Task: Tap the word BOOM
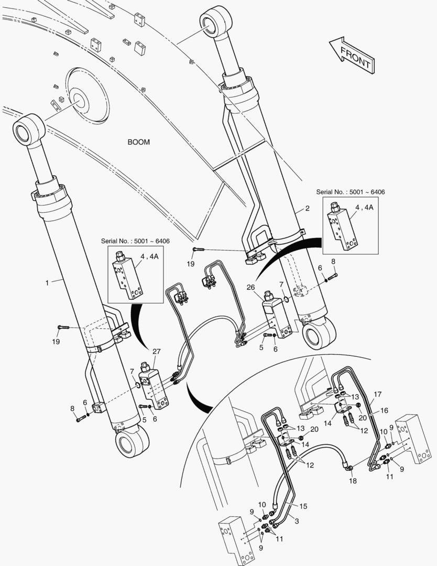pyautogui.click(x=138, y=142)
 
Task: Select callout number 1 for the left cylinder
pyautogui.click(x=47, y=282)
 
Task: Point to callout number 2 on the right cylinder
pyautogui.click(x=308, y=209)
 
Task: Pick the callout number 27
pyautogui.click(x=156, y=352)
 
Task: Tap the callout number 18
pyautogui.click(x=353, y=481)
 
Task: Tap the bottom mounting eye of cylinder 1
pyautogui.click(x=132, y=442)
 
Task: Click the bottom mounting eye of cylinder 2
pyautogui.click(x=319, y=334)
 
